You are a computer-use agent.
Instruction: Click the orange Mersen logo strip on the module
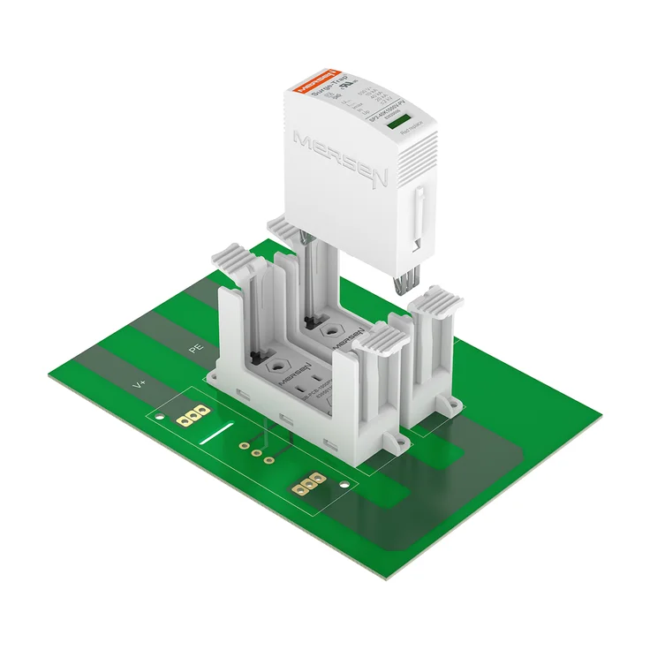click(x=320, y=78)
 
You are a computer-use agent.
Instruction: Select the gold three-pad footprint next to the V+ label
click(x=193, y=414)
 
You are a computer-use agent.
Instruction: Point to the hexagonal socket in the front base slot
click(x=281, y=367)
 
